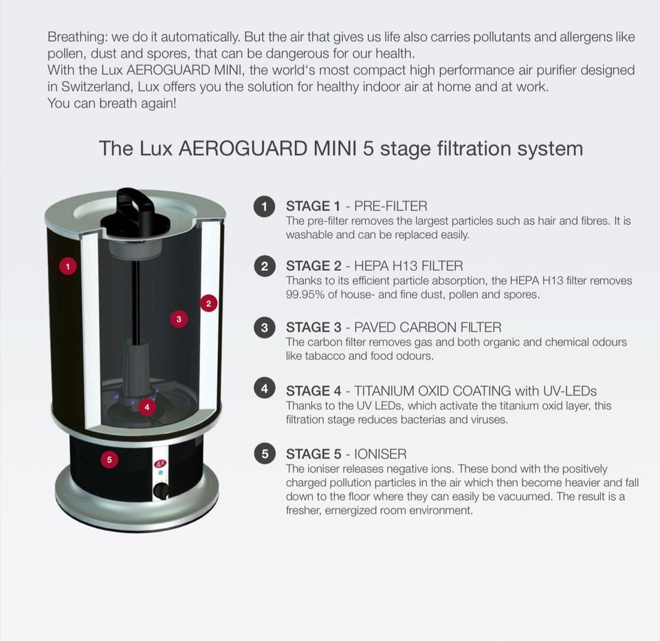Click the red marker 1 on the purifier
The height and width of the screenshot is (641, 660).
(x=68, y=266)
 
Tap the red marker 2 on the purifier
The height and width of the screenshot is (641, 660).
(x=208, y=303)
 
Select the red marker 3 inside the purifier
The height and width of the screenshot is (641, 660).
(x=179, y=319)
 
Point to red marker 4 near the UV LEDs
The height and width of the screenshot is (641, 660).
(x=147, y=407)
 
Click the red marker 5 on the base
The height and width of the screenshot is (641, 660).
(x=109, y=459)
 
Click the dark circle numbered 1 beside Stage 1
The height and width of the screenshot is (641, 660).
(x=264, y=206)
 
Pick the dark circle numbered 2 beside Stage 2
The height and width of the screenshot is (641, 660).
(x=264, y=266)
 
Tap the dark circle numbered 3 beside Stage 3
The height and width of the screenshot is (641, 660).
(x=264, y=327)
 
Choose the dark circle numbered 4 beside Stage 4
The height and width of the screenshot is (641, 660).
(x=264, y=389)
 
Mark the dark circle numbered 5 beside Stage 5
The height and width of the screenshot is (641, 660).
(x=264, y=454)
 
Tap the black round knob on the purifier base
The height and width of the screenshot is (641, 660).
(x=160, y=490)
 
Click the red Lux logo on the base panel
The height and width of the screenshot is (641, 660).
(x=160, y=464)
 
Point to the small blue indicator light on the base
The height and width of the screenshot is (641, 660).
(x=160, y=473)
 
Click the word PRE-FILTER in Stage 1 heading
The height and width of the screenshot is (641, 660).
(x=390, y=206)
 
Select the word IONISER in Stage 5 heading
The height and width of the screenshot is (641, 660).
(x=380, y=454)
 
